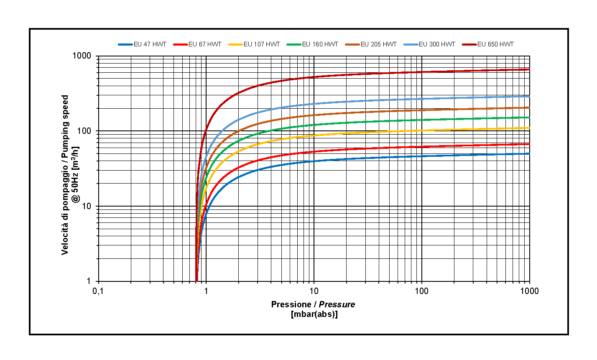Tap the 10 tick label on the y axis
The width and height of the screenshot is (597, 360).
[x=87, y=206]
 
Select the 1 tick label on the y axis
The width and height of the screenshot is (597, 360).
[x=89, y=281]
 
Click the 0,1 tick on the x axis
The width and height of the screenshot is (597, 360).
[x=98, y=291]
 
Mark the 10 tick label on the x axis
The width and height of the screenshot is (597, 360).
[x=314, y=291]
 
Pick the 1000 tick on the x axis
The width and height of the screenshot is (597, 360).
[x=529, y=291]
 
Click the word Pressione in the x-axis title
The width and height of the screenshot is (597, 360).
[x=291, y=304]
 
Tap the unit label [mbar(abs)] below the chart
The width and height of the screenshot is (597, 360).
[x=314, y=314]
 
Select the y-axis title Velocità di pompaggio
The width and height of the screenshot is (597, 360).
[x=65, y=175]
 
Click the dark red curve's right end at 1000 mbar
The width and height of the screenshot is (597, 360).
[x=529, y=69]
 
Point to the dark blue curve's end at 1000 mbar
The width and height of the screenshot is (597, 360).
[x=529, y=154]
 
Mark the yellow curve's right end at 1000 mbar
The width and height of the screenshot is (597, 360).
[x=529, y=128]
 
